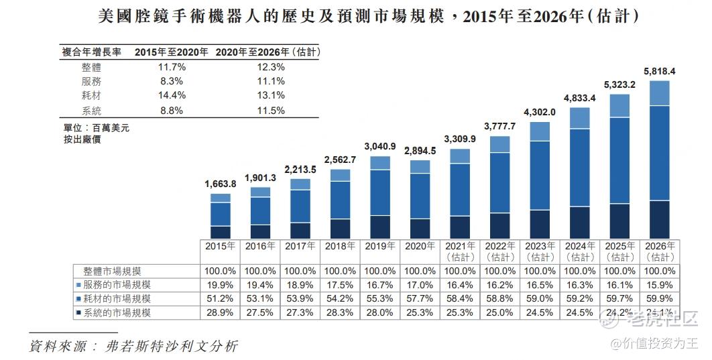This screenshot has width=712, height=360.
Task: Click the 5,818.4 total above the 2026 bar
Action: point(659,71)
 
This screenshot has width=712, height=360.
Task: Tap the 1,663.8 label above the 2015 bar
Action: point(220,184)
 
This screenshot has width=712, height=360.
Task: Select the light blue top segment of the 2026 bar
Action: point(660,93)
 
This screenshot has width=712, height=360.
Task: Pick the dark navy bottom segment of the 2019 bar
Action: point(380,227)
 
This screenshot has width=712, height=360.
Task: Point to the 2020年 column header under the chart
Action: point(420,246)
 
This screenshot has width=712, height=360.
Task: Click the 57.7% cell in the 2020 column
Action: point(420,298)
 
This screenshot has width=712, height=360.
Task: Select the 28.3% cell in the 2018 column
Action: point(340,312)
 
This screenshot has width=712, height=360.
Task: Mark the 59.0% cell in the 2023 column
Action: point(540,298)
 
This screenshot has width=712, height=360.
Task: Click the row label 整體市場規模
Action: point(113,272)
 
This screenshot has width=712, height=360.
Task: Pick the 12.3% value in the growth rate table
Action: point(271,67)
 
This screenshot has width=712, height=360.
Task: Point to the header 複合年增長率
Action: point(92,52)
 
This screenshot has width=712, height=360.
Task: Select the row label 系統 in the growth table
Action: point(91,110)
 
